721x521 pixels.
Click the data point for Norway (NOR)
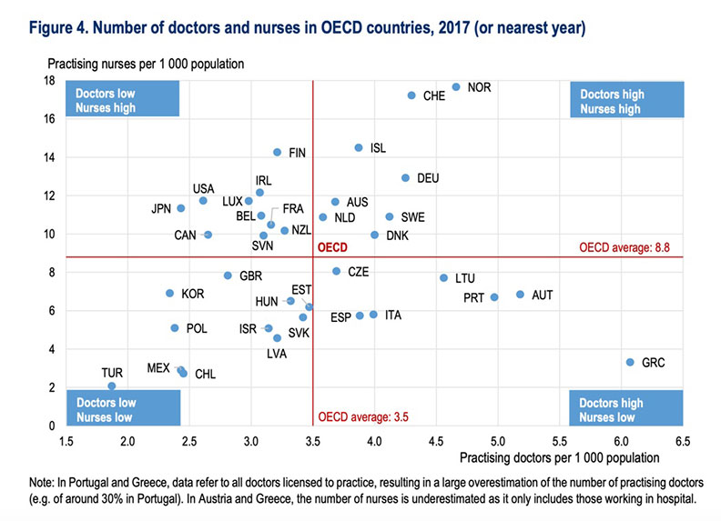456,87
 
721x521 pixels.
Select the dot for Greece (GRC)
630,362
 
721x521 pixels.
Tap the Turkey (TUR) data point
112,386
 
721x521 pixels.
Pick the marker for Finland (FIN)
278,152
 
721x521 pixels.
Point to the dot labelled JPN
181,208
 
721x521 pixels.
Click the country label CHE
434,95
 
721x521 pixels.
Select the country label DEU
428,178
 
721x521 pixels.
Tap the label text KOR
192,294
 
